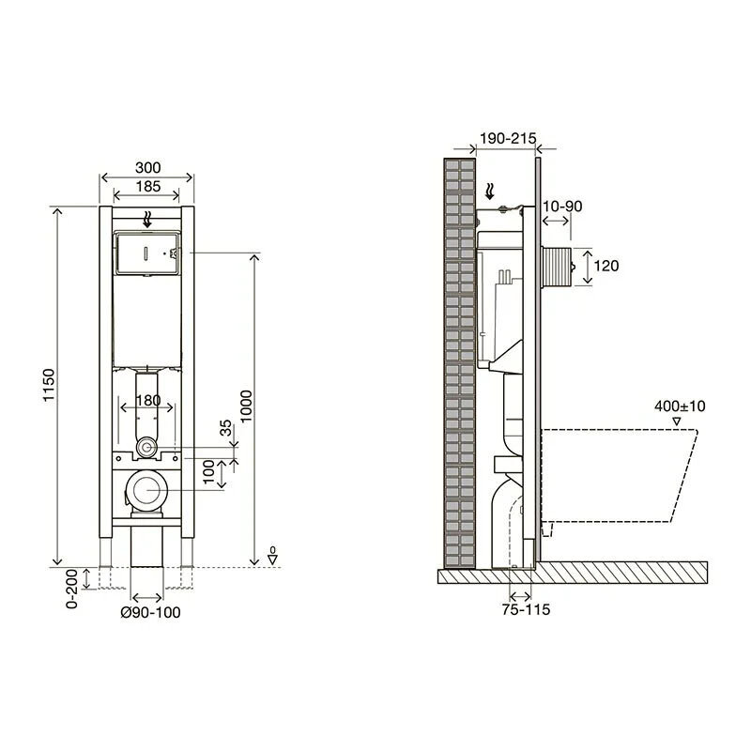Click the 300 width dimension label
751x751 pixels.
(148, 168)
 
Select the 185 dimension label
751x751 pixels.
(148, 186)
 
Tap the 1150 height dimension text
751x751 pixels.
(50, 385)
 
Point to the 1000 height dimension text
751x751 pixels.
(246, 406)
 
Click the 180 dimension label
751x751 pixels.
(148, 400)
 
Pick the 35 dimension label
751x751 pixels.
(225, 428)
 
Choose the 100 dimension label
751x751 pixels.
(208, 472)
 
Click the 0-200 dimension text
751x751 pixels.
(72, 589)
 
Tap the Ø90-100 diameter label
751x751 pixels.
(150, 612)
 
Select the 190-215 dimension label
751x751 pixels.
(508, 138)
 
